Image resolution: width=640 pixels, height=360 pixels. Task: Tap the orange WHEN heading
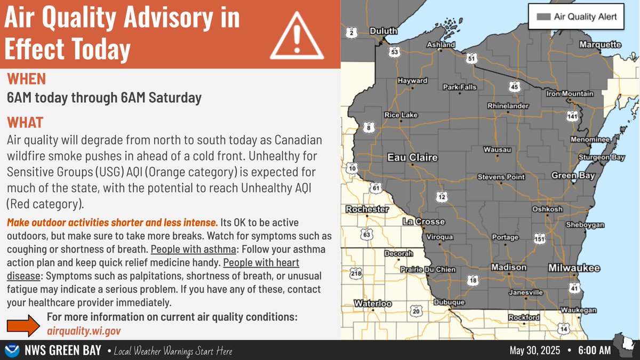pyautogui.click(x=26, y=79)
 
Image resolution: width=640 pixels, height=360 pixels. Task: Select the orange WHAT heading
pyautogui.click(x=25, y=122)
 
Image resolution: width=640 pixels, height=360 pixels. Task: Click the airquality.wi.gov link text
pyautogui.click(x=84, y=331)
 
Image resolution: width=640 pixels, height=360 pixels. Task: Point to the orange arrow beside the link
pyautogui.click(x=23, y=325)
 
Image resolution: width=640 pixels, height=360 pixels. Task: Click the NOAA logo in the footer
pyautogui.click(x=12, y=350)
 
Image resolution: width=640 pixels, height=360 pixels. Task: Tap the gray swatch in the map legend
pyautogui.click(x=542, y=17)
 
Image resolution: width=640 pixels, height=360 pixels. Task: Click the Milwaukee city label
pyautogui.click(x=574, y=268)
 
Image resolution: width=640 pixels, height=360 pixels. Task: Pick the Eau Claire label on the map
pyautogui.click(x=412, y=158)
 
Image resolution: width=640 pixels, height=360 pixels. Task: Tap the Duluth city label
pyautogui.click(x=383, y=31)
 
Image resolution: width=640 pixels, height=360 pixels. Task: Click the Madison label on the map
pyautogui.click(x=508, y=267)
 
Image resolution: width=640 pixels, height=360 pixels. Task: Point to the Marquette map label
pyautogui.click(x=600, y=45)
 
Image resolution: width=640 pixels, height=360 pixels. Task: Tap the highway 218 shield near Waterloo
pyautogui.click(x=356, y=274)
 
